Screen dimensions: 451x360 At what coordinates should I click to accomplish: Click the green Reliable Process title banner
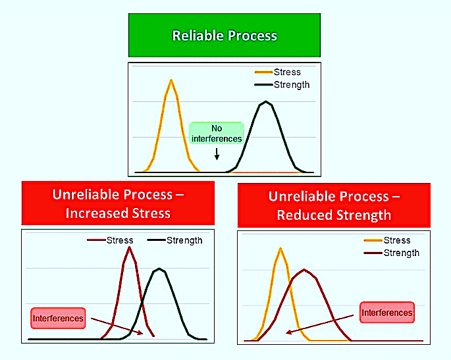pyautogui.click(x=225, y=35)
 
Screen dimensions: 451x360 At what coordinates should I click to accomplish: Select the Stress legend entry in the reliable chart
pyautogui.click(x=278, y=72)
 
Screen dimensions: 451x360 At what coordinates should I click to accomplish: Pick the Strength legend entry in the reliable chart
pyautogui.click(x=282, y=84)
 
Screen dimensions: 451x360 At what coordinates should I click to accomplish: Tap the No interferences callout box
pyautogui.click(x=217, y=133)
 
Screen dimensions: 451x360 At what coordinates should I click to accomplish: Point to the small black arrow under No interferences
pyautogui.click(x=217, y=154)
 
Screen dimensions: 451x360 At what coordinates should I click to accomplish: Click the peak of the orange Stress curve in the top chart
pyautogui.click(x=171, y=80)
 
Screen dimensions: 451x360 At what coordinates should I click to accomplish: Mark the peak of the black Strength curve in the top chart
pyautogui.click(x=266, y=101)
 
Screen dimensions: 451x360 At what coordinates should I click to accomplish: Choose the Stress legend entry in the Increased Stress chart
pyautogui.click(x=110, y=240)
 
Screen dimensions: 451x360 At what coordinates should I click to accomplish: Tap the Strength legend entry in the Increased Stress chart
pyautogui.click(x=174, y=240)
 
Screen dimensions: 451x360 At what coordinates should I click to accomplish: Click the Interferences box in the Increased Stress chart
pyautogui.click(x=58, y=319)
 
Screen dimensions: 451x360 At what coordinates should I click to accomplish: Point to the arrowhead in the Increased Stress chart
pyautogui.click(x=140, y=332)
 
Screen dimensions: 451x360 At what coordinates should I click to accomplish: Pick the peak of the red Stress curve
pyautogui.click(x=130, y=247)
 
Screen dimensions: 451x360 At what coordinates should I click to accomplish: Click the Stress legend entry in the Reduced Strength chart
pyautogui.click(x=387, y=240)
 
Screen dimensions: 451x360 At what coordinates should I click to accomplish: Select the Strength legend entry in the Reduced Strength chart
pyautogui.click(x=392, y=253)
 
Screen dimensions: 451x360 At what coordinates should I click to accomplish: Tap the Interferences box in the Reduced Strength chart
pyautogui.click(x=387, y=313)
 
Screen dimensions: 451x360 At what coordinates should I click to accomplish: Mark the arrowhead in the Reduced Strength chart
pyautogui.click(x=289, y=332)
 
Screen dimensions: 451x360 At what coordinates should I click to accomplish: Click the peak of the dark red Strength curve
pyautogui.click(x=304, y=270)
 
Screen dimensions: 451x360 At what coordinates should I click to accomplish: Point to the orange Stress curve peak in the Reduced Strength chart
pyautogui.click(x=280, y=248)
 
